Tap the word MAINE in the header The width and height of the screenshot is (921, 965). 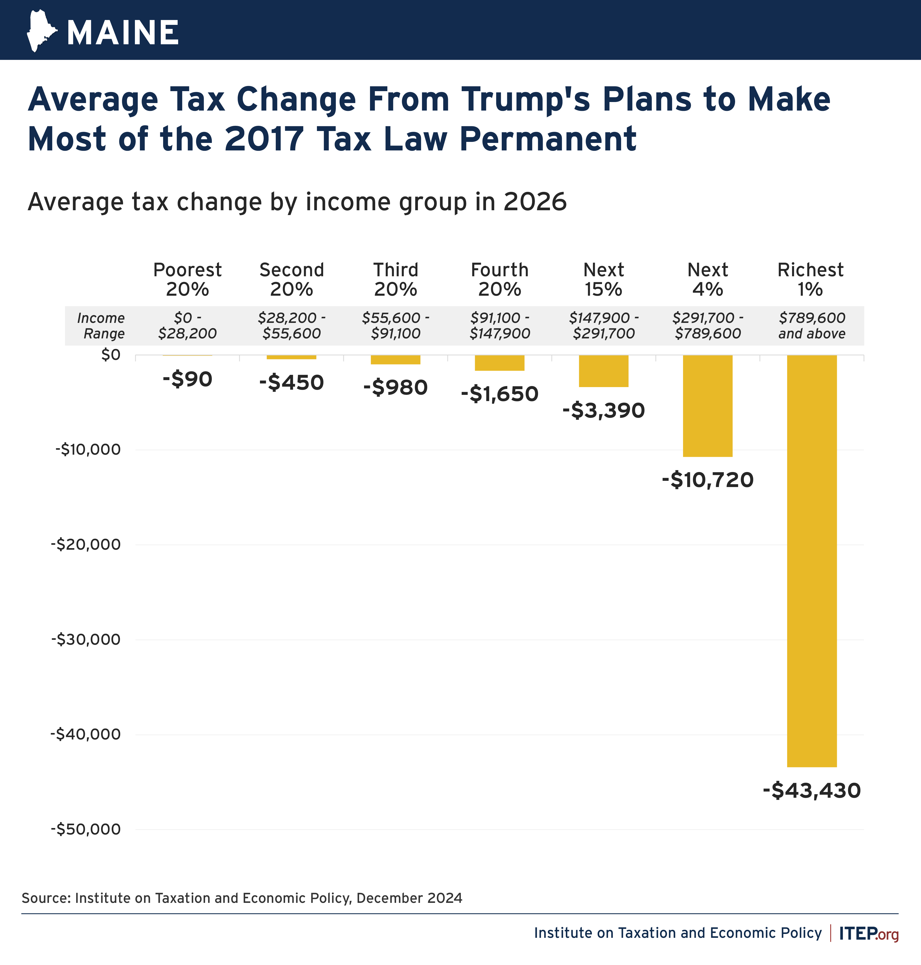click(123, 33)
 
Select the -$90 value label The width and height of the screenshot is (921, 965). click(187, 379)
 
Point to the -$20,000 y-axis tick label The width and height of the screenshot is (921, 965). click(86, 544)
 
